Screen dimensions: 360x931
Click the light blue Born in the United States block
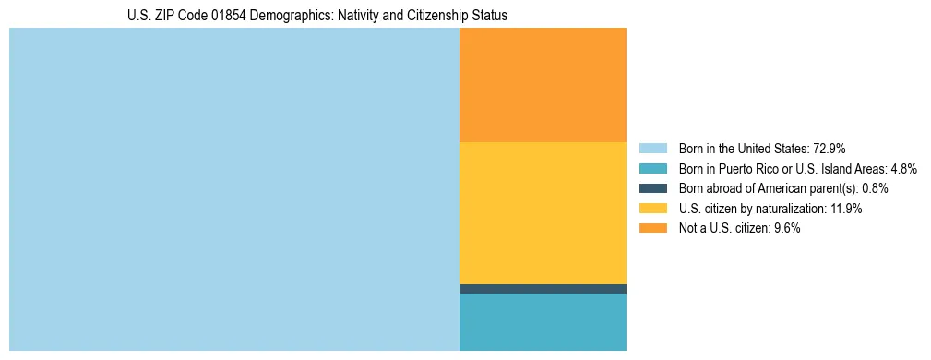233,189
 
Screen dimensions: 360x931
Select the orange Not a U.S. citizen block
543,85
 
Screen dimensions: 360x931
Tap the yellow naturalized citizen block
543,213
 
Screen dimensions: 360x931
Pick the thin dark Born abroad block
543,289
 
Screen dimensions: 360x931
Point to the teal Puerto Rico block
543,322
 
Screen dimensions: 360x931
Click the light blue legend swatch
652,148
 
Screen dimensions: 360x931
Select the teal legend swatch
652,168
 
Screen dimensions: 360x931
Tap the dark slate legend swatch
652,188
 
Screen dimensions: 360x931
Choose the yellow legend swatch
652,209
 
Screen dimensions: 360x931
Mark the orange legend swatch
652,228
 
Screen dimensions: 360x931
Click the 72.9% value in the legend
830,148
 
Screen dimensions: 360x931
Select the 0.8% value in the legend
876,188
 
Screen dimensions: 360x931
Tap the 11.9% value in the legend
846,209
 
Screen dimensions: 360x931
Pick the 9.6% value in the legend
785,228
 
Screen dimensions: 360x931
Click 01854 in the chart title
207,16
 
